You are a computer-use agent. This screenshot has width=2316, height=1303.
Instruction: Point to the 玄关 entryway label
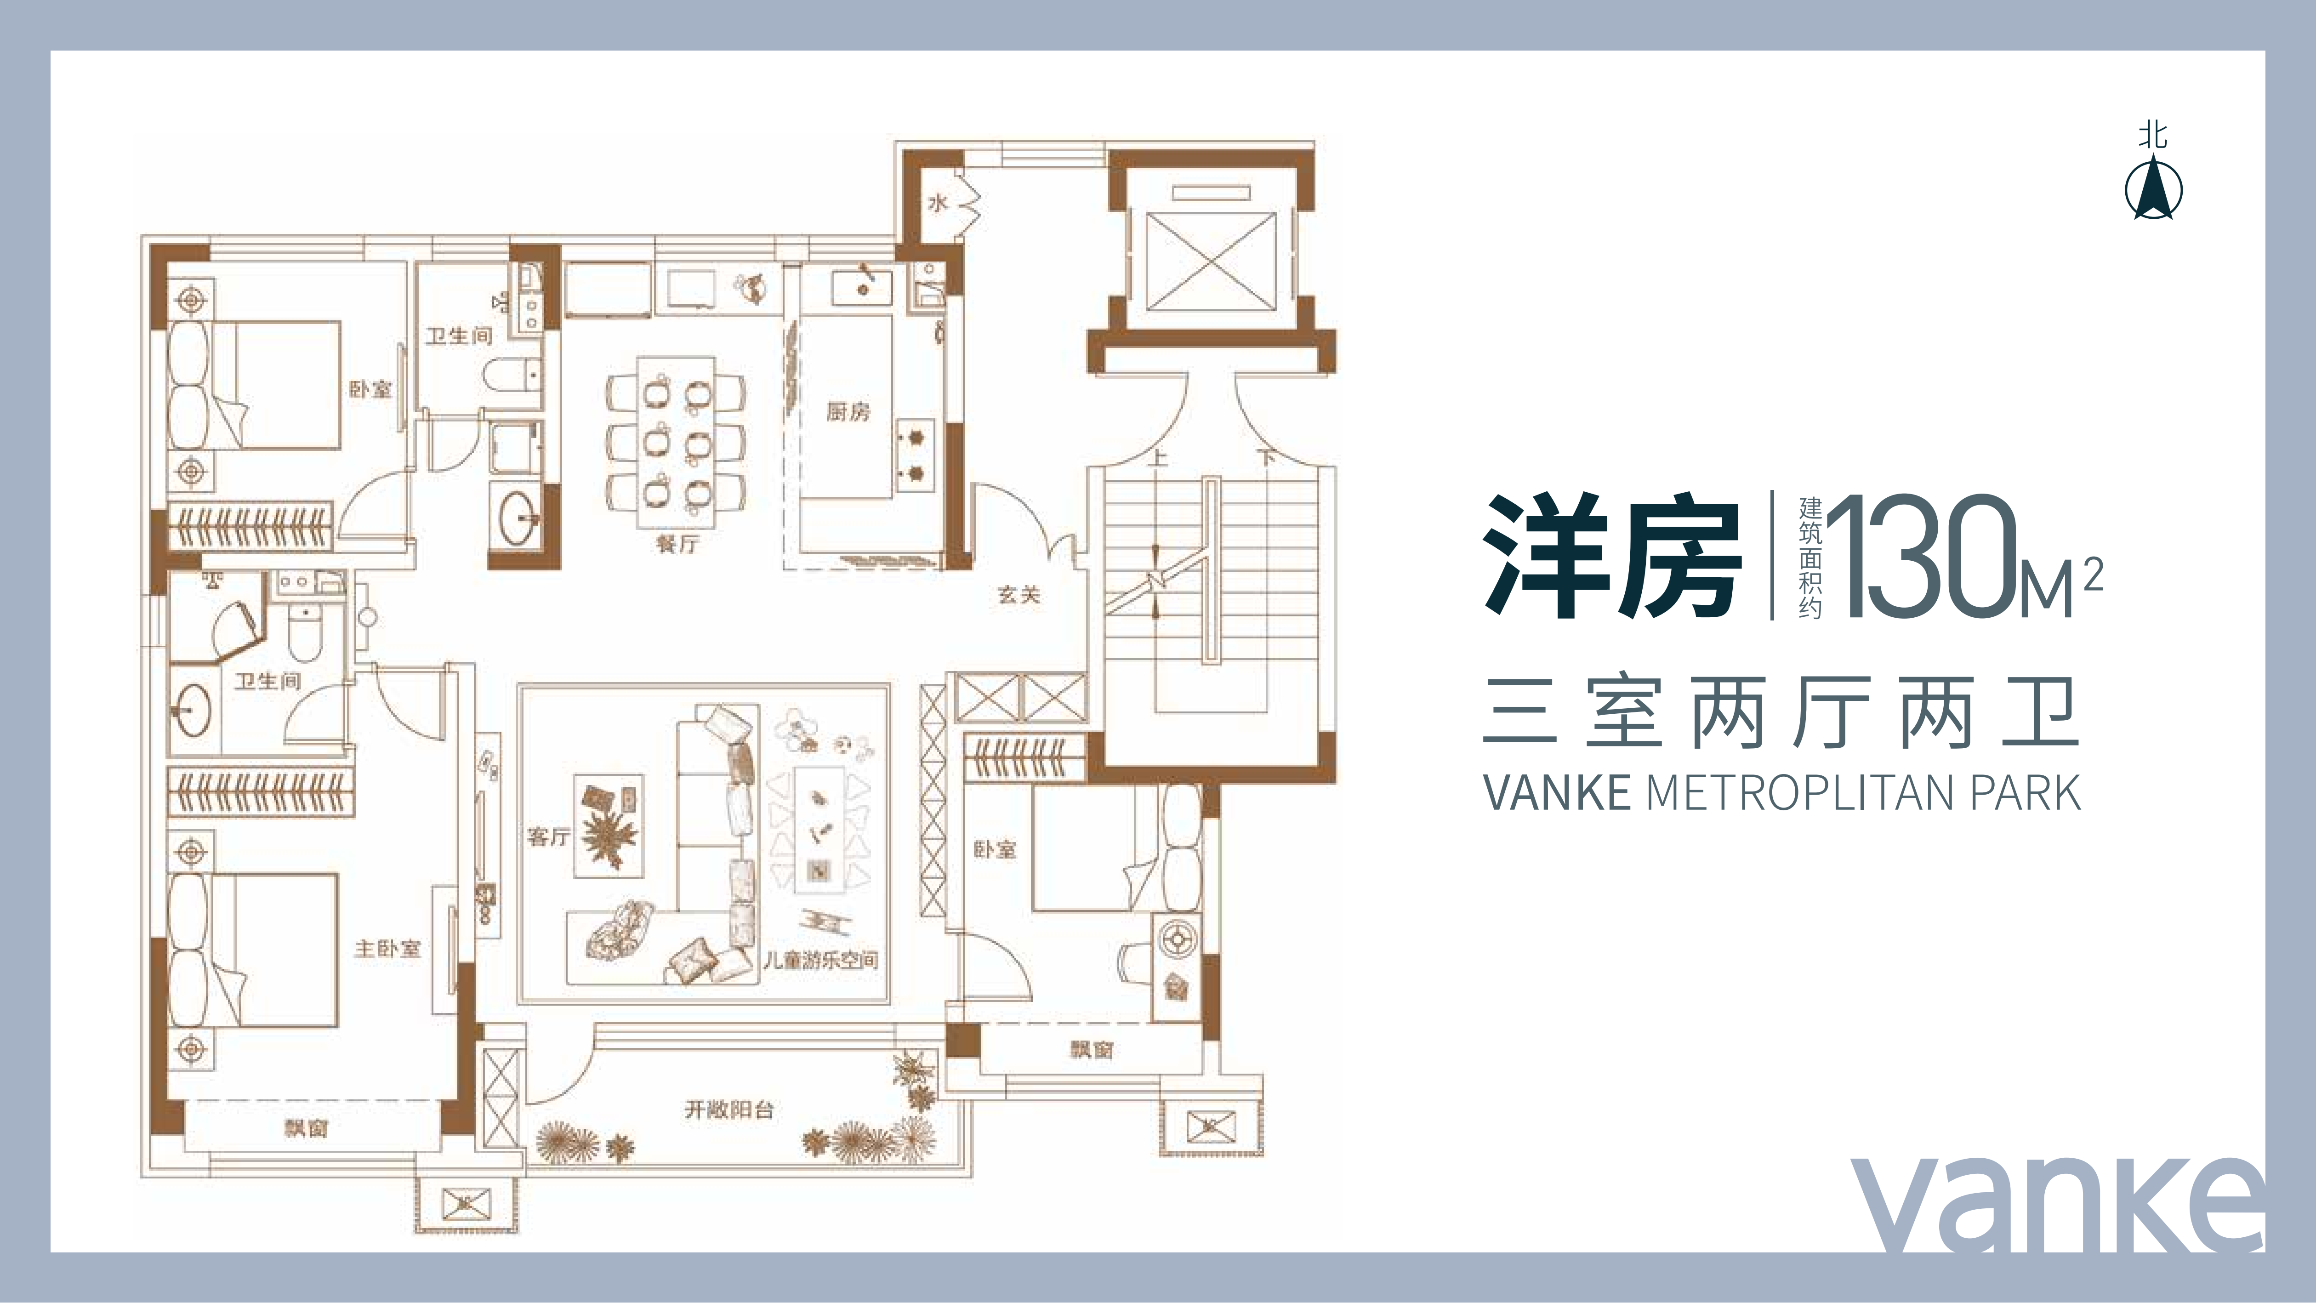[1019, 594]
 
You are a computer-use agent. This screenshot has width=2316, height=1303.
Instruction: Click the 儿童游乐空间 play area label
[820, 960]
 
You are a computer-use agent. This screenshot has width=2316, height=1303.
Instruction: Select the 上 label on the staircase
[1158, 458]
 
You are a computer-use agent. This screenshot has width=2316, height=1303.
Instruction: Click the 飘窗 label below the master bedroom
[307, 1127]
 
